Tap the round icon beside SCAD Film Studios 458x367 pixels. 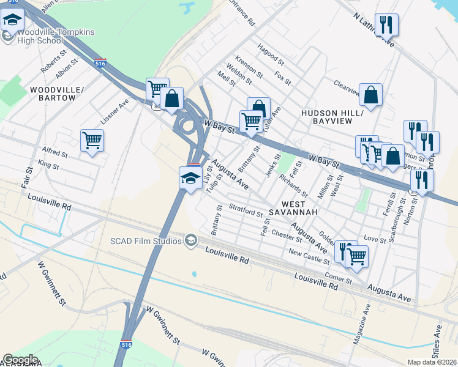tap(191, 240)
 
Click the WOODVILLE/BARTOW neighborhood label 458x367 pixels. tap(56, 94)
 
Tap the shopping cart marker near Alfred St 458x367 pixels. tap(92, 141)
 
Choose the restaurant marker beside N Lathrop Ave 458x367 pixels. tap(386, 25)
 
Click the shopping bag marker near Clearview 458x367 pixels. tap(370, 95)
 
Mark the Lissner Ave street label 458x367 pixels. tap(114, 111)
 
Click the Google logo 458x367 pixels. tap(20, 359)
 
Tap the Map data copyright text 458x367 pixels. tap(432, 362)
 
